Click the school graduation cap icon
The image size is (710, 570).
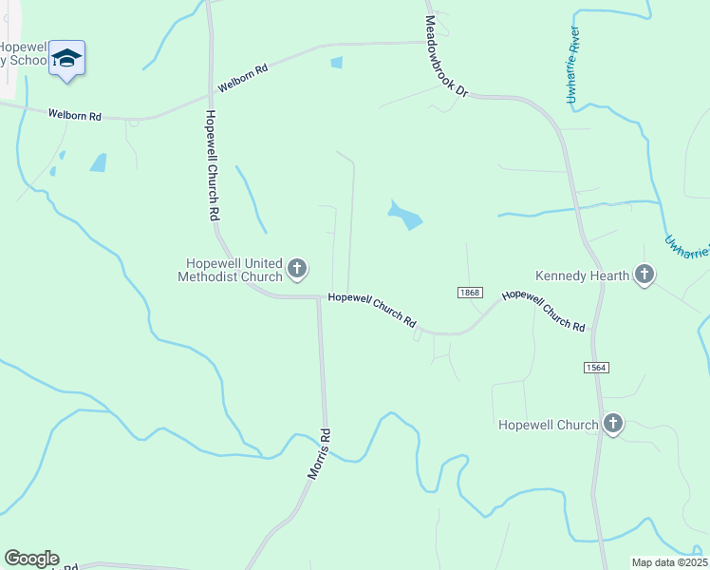tap(66, 59)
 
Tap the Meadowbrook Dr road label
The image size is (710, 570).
tap(446, 56)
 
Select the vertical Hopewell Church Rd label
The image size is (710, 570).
tap(212, 166)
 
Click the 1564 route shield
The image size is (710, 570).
tap(596, 367)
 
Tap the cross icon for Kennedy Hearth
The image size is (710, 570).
tap(645, 275)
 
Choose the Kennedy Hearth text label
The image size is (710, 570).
tap(582, 275)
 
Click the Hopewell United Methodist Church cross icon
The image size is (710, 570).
tap(297, 270)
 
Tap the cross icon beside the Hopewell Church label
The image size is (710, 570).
tap(613, 425)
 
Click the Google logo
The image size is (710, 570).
tap(31, 559)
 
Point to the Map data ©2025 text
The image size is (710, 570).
tap(669, 562)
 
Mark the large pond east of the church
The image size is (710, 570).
tap(405, 216)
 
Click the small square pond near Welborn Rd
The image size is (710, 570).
tap(336, 64)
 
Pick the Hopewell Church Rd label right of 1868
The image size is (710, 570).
tap(544, 310)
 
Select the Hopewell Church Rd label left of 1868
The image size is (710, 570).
tap(372, 309)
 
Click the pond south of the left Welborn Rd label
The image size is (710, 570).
tap(99, 162)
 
